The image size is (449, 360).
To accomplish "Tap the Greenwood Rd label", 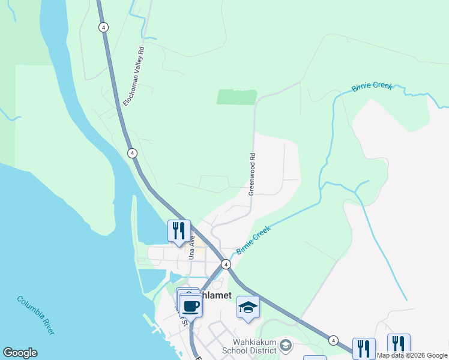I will (x=252, y=173).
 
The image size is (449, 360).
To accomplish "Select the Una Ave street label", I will (x=192, y=247).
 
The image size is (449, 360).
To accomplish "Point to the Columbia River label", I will (x=36, y=315).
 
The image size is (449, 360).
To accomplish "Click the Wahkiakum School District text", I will (x=249, y=347).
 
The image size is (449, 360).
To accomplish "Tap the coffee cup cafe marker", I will (x=191, y=306).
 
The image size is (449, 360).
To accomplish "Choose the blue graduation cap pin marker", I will (x=248, y=307).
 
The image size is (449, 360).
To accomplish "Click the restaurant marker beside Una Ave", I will (x=179, y=231).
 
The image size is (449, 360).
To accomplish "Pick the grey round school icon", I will (x=286, y=344).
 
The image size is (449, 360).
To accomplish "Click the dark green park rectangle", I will (x=237, y=97).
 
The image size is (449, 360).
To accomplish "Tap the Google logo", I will (x=20, y=353).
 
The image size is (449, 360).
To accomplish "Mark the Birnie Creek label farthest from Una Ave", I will (x=372, y=86).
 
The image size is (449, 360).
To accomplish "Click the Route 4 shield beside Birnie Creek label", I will (x=225, y=264).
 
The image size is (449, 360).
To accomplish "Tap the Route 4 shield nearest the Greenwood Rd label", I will (x=131, y=153).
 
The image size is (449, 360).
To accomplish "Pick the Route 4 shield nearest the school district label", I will (x=333, y=340).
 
